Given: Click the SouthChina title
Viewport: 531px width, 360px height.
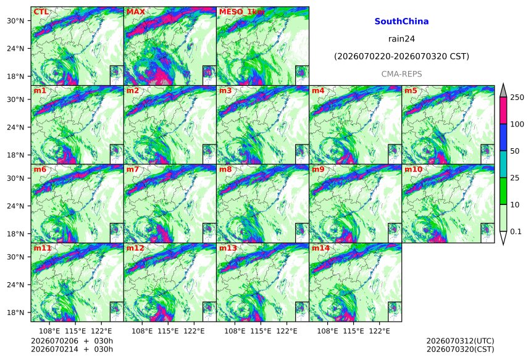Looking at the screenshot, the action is (x=401, y=22).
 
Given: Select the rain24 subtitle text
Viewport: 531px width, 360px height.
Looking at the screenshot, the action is (x=401, y=39).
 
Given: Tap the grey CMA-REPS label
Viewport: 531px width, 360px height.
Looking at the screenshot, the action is (x=401, y=74).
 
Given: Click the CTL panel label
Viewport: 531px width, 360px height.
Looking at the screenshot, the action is (x=41, y=12).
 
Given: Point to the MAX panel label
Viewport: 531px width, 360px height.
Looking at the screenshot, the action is (x=135, y=12).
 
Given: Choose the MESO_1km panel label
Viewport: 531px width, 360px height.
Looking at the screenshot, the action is (x=241, y=12).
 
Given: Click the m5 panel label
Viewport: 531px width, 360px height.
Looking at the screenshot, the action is (x=411, y=91).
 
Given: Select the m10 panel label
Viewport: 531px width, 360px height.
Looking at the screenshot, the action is (x=413, y=169).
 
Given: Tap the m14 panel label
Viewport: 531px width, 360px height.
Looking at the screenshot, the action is (x=320, y=248).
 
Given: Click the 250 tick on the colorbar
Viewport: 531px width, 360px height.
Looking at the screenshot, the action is (x=517, y=98).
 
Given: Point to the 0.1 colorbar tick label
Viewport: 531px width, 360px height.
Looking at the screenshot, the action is (x=516, y=232).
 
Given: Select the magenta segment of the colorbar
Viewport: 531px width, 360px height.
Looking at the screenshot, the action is (x=503, y=111).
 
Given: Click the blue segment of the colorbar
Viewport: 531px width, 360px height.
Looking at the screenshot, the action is (x=503, y=137).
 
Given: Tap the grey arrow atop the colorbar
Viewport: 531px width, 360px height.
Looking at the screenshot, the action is (x=503, y=91).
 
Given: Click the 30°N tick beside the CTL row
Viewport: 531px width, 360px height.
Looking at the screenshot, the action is (x=15, y=20).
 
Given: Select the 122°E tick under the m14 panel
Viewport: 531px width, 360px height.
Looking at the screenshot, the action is (x=379, y=330).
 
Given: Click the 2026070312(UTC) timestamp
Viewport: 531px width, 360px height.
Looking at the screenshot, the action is (x=460, y=341).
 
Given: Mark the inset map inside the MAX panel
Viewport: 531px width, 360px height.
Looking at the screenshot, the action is (x=209, y=75).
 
